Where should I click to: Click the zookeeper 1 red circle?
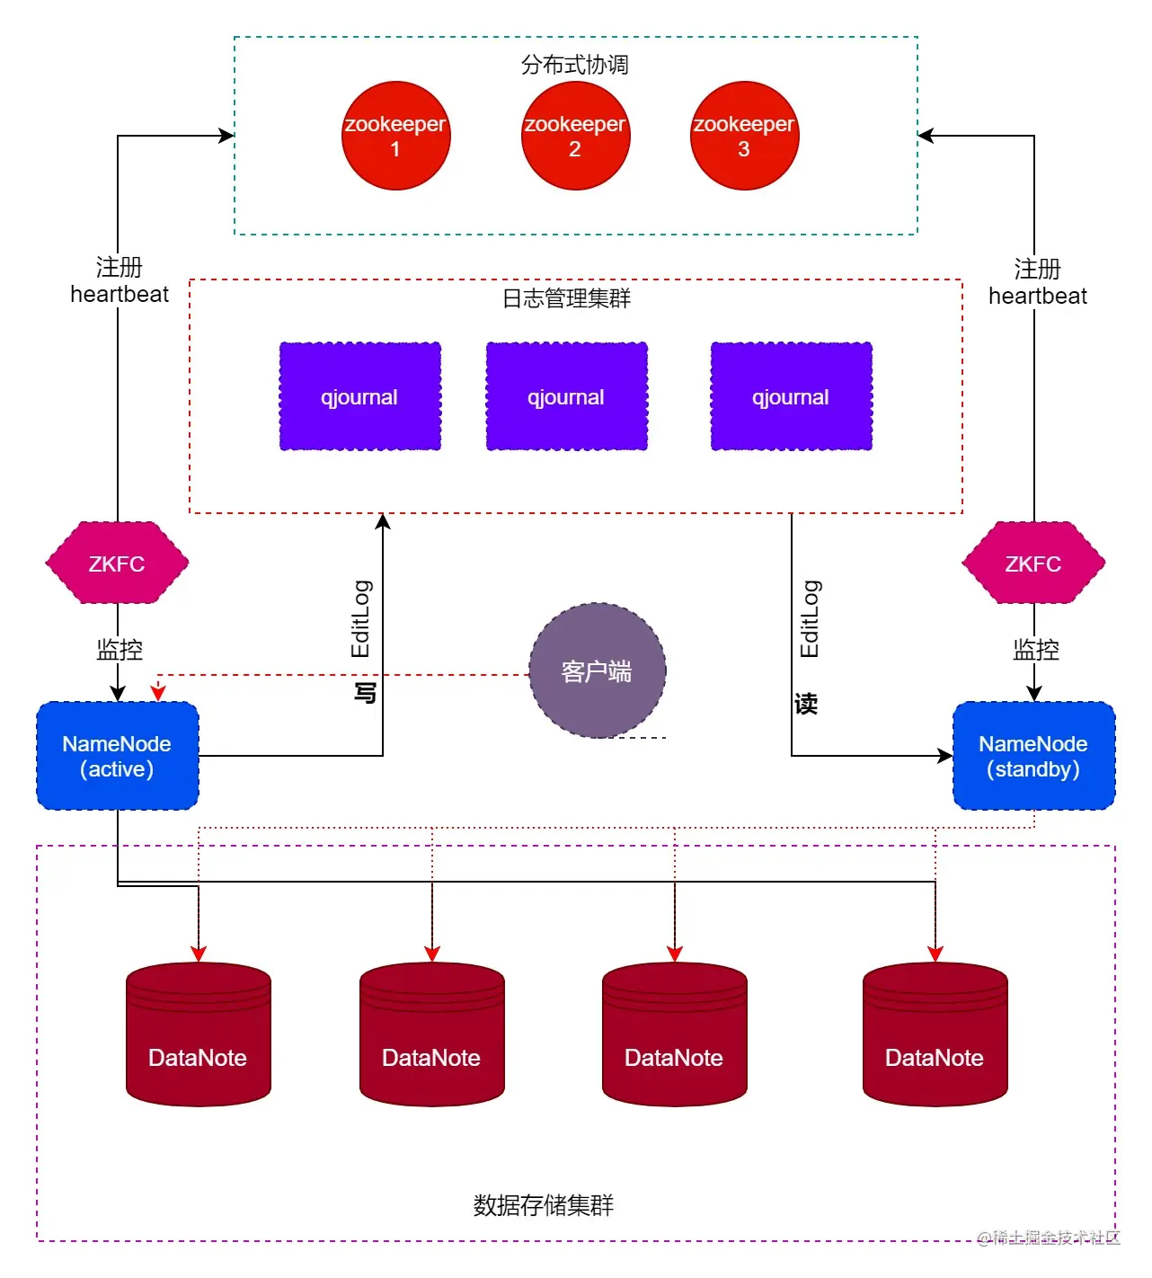pyautogui.click(x=395, y=136)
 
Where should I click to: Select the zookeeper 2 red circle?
pyautogui.click(x=575, y=136)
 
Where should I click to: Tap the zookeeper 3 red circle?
pyautogui.click(x=744, y=136)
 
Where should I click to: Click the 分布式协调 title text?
pyautogui.click(x=575, y=65)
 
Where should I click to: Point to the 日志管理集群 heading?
pyautogui.click(x=566, y=298)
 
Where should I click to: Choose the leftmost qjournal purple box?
pyautogui.click(x=359, y=396)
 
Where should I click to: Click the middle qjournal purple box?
pyautogui.click(x=566, y=396)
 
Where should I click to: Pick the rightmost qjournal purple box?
pyautogui.click(x=791, y=396)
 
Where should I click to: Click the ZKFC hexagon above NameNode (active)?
pyautogui.click(x=117, y=564)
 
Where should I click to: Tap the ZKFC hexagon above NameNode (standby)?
pyautogui.click(x=1033, y=564)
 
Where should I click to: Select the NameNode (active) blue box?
pyautogui.click(x=117, y=756)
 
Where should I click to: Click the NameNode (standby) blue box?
pyautogui.click(x=1033, y=756)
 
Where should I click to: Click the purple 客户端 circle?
pyautogui.click(x=597, y=670)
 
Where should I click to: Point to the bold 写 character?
pyautogui.click(x=364, y=693)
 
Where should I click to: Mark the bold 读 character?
pyautogui.click(x=806, y=703)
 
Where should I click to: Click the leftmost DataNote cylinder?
pyautogui.click(x=198, y=1034)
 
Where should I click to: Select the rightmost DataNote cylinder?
pyautogui.click(x=935, y=1034)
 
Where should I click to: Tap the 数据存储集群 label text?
pyautogui.click(x=544, y=1205)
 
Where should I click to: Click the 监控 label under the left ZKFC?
pyautogui.click(x=120, y=650)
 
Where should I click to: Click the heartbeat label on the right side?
pyautogui.click(x=1037, y=296)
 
